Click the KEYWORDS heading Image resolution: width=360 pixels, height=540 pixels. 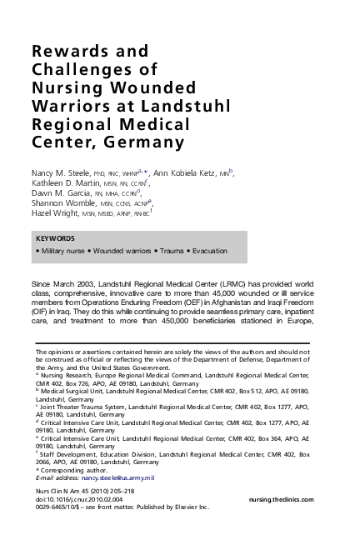point(53,238)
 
